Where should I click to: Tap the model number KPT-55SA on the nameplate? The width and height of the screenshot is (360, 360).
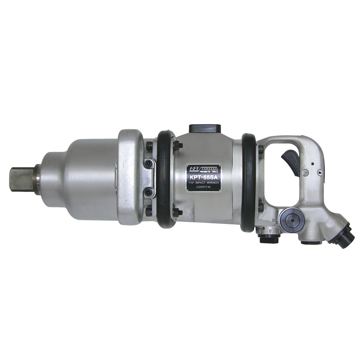pyautogui.click(x=203, y=177)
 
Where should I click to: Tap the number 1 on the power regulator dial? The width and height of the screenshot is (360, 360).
pyautogui.click(x=293, y=229)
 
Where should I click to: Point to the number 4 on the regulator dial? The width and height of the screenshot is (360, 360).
pyautogui.click(x=284, y=220)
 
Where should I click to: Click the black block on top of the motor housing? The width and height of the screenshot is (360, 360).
pyautogui.click(x=204, y=129)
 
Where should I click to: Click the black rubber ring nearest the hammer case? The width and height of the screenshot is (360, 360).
pyautogui.click(x=165, y=179)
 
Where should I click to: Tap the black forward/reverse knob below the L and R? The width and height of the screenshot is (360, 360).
pyautogui.click(x=269, y=239)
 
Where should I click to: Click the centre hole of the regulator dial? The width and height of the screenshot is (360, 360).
pyautogui.click(x=293, y=220)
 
